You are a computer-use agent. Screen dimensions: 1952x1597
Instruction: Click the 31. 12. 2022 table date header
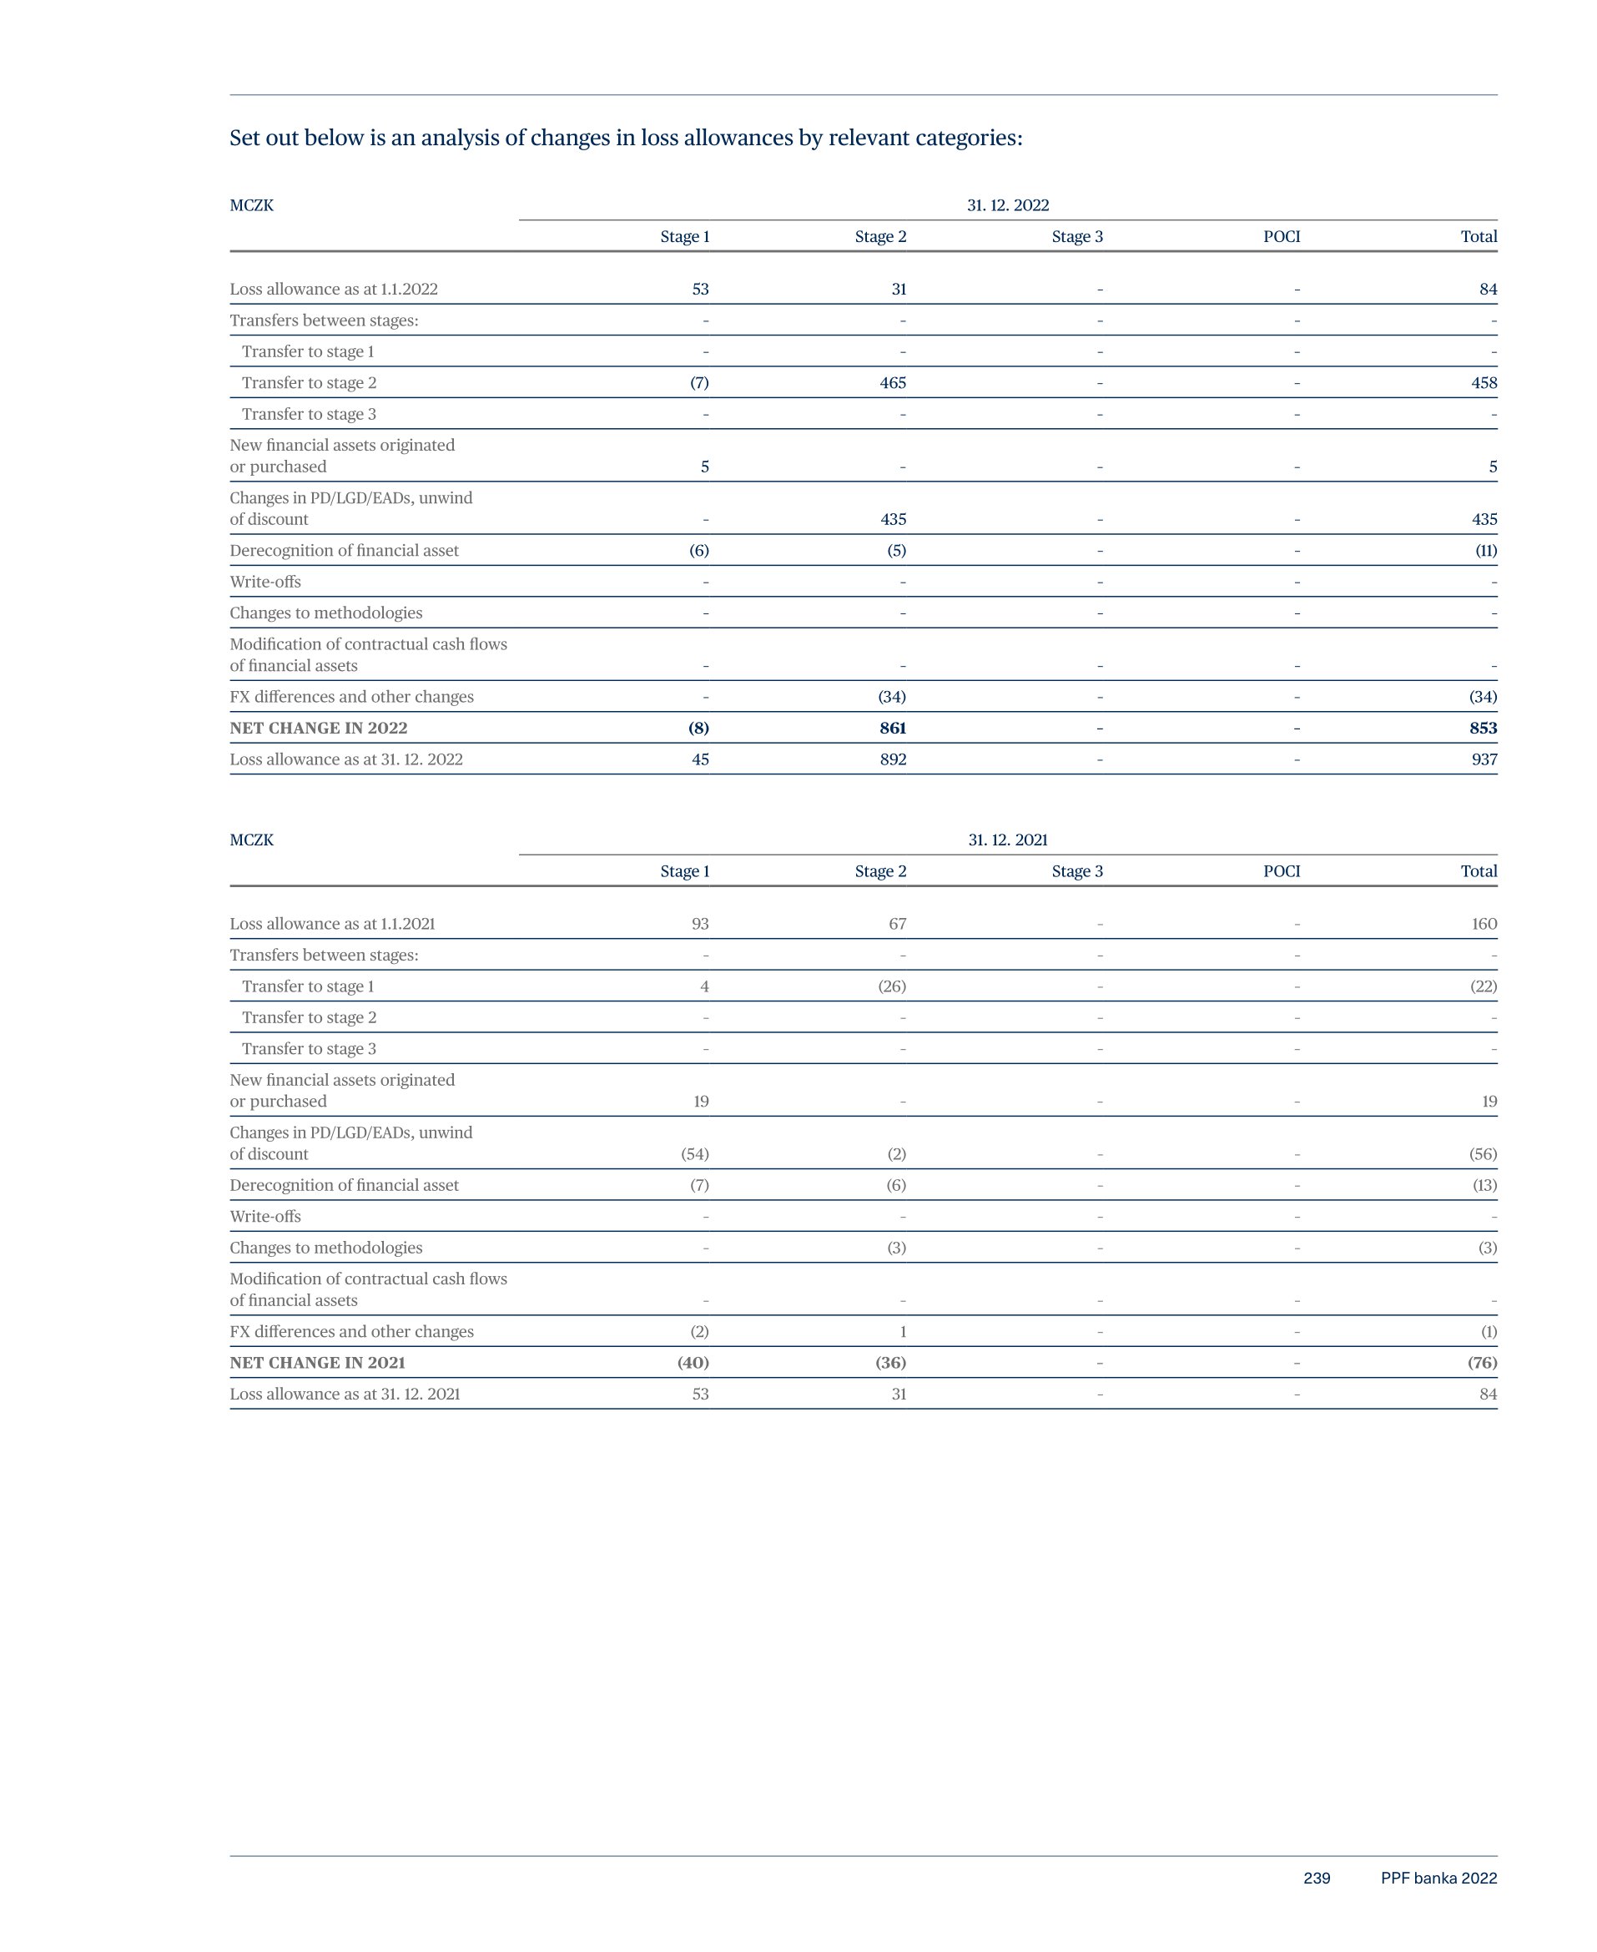(1007, 205)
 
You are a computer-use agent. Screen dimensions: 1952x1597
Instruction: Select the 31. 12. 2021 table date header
(1007, 840)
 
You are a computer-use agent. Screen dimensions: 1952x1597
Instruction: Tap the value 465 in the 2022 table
(892, 383)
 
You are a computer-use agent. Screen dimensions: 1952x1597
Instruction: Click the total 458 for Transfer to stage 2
(1483, 383)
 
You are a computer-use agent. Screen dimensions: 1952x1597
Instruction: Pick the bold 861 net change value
(892, 728)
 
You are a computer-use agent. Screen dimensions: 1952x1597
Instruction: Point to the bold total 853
(1483, 728)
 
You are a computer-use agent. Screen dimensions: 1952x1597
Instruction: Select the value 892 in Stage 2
(892, 759)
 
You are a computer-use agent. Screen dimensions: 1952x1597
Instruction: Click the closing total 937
(1483, 759)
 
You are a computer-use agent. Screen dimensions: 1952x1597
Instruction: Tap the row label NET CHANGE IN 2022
(318, 728)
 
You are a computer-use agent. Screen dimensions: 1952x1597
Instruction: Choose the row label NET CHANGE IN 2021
(317, 1362)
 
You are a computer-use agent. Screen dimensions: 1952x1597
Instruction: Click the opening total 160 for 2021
(1483, 924)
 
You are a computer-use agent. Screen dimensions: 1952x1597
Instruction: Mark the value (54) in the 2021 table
(694, 1153)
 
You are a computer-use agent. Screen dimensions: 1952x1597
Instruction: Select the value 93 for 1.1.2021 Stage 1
(700, 924)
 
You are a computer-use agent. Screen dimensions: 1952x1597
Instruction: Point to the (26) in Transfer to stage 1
(891, 986)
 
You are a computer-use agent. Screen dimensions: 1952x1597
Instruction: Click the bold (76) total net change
(1481, 1362)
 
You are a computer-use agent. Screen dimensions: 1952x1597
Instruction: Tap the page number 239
(1317, 1879)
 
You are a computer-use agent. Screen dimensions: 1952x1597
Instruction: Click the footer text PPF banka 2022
(1438, 1879)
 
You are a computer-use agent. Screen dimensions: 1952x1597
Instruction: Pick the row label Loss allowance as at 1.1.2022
(334, 289)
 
